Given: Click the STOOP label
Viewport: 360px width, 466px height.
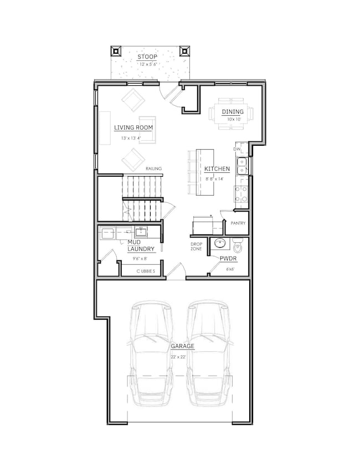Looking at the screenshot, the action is [147, 57].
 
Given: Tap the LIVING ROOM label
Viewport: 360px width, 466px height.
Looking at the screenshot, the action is [133, 127].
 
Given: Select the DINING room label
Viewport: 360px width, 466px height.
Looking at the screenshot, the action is [233, 112].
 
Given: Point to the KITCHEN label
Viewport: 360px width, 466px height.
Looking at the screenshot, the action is [217, 169].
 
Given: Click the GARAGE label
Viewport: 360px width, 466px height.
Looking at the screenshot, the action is [182, 346].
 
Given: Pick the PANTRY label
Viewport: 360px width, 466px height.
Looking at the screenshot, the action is [238, 223].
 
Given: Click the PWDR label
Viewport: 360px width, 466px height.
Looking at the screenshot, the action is [228, 259].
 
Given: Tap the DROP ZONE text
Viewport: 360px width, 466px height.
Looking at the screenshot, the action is [196, 247].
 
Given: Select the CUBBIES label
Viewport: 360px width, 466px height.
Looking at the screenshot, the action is [146, 271].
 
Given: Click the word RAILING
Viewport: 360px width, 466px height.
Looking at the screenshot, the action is [153, 168].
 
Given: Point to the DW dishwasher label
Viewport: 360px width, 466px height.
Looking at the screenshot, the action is [236, 149].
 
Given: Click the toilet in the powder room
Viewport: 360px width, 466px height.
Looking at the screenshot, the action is [238, 245].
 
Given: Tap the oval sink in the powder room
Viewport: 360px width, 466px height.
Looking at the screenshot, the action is [219, 243].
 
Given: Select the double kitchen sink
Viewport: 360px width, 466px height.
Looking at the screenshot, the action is [241, 166].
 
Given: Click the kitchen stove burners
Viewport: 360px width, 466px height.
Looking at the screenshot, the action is [241, 194].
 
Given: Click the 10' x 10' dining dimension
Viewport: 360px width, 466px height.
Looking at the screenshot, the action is [234, 119].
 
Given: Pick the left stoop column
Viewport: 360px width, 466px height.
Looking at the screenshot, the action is [116, 51].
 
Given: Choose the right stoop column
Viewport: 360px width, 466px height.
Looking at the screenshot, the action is [184, 51].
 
